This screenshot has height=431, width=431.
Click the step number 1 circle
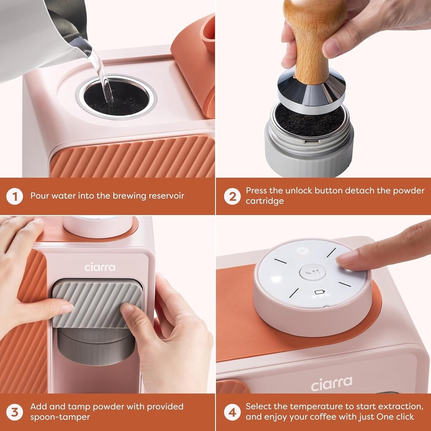15,196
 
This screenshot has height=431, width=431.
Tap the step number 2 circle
232,196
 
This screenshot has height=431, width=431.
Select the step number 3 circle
15,412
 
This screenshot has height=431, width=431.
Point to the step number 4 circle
232,412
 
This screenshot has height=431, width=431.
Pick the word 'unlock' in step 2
298,191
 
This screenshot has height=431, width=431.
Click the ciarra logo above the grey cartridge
100,267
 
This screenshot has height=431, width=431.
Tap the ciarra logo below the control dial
331,383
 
